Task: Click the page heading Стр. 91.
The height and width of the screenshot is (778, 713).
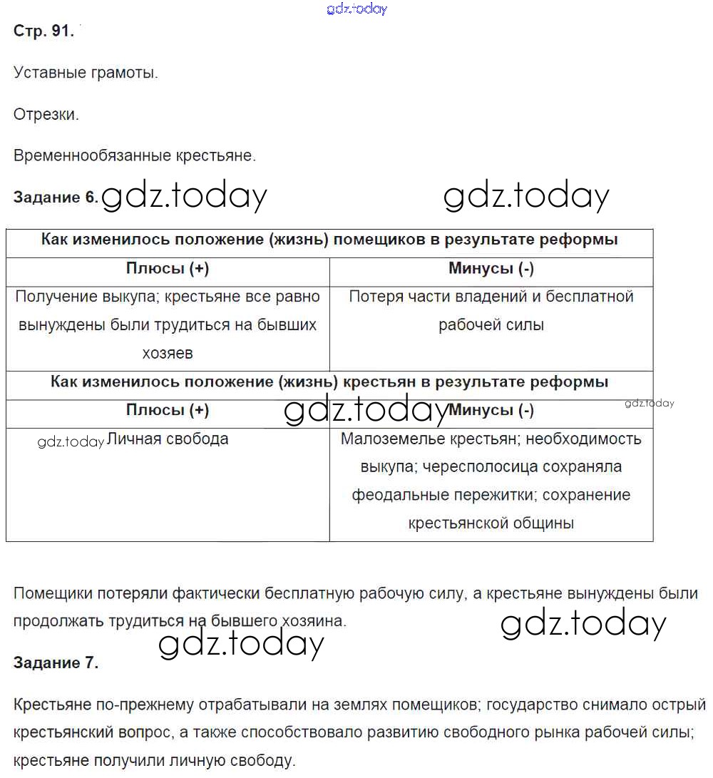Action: [x=43, y=31]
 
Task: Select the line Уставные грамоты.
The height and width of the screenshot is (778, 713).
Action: [x=86, y=73]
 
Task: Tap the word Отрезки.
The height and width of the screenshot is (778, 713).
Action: [x=46, y=114]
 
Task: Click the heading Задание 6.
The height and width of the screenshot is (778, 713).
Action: [x=55, y=198]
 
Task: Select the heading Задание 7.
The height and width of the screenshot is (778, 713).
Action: [x=56, y=662]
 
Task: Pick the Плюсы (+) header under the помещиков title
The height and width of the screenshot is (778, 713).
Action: [x=167, y=268]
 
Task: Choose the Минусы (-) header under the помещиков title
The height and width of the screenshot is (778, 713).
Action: [x=491, y=268]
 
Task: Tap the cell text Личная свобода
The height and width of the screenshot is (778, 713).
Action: [x=167, y=439]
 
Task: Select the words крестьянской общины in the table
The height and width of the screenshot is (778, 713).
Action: [x=491, y=523]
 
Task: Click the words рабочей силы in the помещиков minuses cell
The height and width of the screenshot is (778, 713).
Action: [x=491, y=325]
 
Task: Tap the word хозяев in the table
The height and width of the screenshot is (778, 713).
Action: [x=167, y=353]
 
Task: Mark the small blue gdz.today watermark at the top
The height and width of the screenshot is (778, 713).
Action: [x=356, y=9]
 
